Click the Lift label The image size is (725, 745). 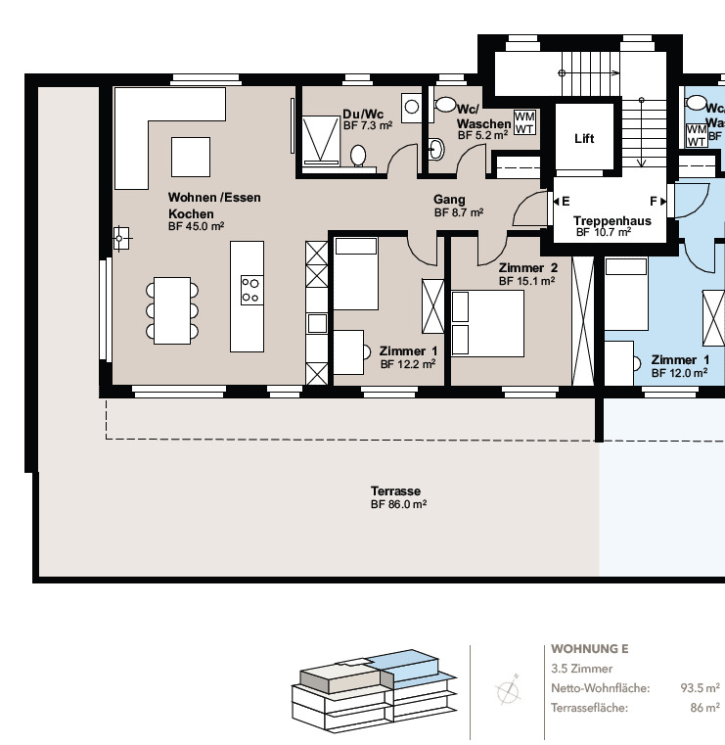(583, 139)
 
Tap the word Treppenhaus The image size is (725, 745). (612, 221)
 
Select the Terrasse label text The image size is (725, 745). (395, 491)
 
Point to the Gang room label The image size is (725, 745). (449, 200)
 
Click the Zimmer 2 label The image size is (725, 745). (527, 268)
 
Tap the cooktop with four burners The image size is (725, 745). (250, 289)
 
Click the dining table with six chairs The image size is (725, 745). (171, 310)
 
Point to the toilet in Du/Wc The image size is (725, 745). (359, 156)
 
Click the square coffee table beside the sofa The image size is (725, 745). (191, 156)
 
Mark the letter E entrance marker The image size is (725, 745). (566, 201)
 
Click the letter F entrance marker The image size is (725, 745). (653, 201)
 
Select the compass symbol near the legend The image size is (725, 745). (509, 691)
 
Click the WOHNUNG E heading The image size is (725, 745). (589, 649)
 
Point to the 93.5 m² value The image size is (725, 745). (700, 688)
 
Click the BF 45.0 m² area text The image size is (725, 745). (197, 226)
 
